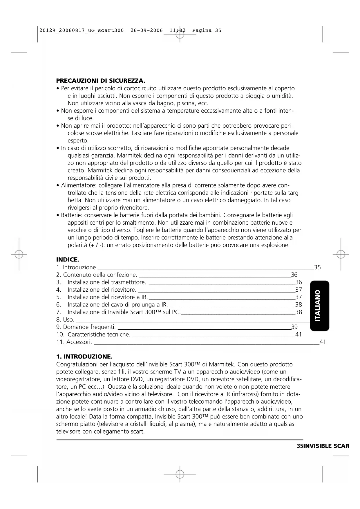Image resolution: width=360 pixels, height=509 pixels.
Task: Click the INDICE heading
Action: (68, 259)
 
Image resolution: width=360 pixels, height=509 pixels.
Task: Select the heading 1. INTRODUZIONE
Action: (84, 356)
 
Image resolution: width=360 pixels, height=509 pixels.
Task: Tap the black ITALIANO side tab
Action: (319, 306)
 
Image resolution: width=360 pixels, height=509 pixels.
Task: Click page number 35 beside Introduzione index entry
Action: (317, 268)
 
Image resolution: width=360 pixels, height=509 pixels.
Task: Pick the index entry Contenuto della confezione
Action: (97, 275)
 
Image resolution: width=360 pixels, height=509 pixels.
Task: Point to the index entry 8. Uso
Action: (65, 320)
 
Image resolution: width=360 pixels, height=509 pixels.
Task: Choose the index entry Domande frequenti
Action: (86, 327)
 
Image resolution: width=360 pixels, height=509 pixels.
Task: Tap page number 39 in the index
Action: (294, 327)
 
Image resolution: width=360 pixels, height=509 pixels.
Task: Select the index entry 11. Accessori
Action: (74, 342)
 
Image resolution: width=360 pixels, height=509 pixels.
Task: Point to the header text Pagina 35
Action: (207, 30)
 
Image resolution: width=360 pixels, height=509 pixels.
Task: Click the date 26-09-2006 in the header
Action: (146, 30)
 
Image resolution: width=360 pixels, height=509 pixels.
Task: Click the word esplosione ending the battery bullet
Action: (275, 245)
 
